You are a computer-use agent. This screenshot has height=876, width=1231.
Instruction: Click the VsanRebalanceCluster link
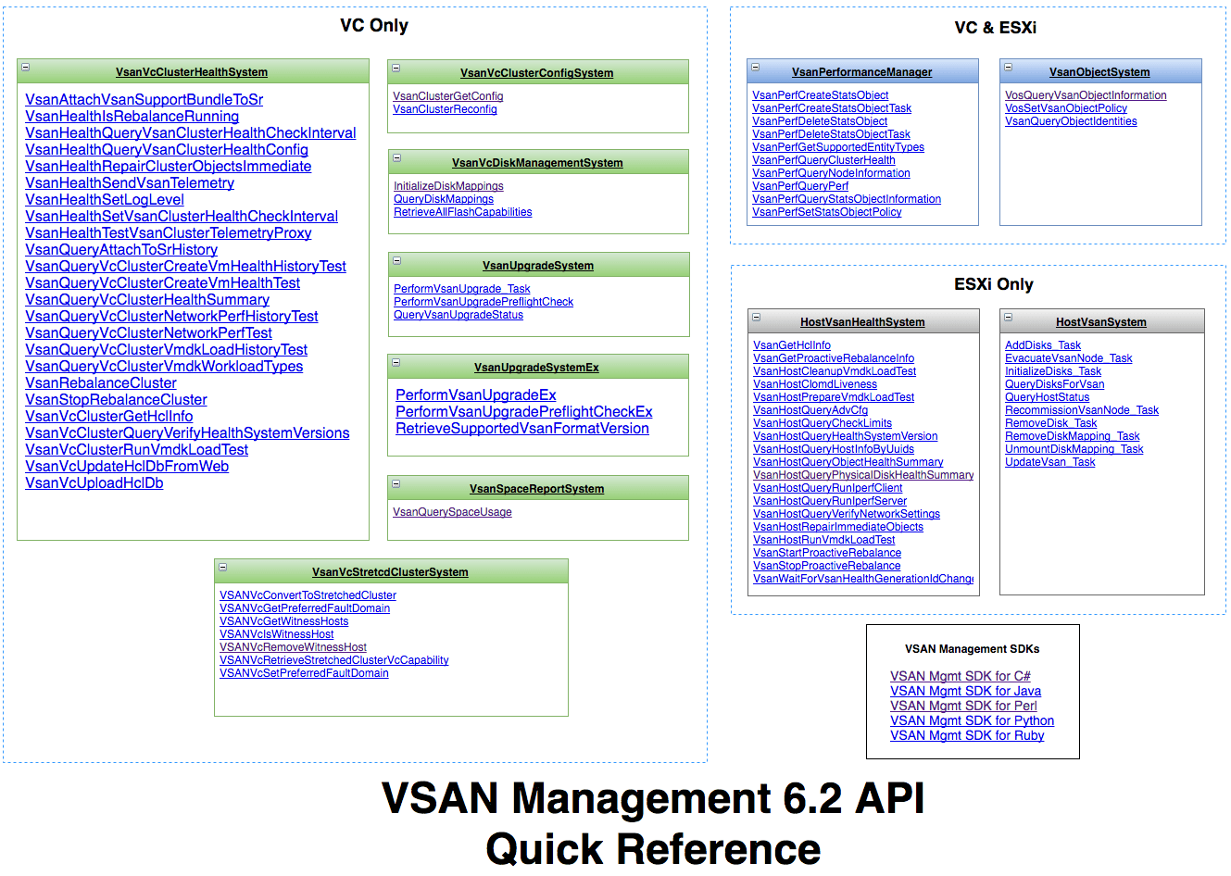pos(101,383)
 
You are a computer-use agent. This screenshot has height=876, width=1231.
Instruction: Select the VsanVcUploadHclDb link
pos(94,483)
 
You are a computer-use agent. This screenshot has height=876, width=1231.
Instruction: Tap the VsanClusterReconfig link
pos(445,109)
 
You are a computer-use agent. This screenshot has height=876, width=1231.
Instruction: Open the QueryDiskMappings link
pos(444,199)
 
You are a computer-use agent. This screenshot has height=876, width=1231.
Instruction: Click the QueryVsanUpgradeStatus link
pos(458,315)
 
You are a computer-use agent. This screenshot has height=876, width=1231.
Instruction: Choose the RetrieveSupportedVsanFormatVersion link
pos(522,429)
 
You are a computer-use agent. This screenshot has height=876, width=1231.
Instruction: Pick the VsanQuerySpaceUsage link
pos(452,512)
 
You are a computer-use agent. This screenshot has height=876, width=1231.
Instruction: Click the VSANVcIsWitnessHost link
pos(277,634)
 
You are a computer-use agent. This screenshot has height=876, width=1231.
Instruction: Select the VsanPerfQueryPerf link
pos(800,186)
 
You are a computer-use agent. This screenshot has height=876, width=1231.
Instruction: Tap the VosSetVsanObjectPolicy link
pos(1066,108)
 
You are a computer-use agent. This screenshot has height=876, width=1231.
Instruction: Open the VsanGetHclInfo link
pos(792,345)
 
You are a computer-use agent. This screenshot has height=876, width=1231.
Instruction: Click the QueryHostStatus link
pos(1048,397)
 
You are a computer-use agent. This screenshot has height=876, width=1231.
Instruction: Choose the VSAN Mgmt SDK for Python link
pos(973,720)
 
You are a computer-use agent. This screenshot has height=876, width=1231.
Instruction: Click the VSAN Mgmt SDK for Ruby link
pos(967,735)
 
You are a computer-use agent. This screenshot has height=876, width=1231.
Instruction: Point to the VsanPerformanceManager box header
pos(862,71)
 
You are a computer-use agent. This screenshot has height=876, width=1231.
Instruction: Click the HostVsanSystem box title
pos(1101,322)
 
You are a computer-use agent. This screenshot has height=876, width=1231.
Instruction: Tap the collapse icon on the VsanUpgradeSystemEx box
pos(396,363)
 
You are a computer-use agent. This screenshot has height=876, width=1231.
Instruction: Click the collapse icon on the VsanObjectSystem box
pos(1008,68)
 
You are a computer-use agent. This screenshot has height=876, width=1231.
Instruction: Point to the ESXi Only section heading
pos(994,284)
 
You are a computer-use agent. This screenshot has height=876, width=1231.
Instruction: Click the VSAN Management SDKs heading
pos(973,649)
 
